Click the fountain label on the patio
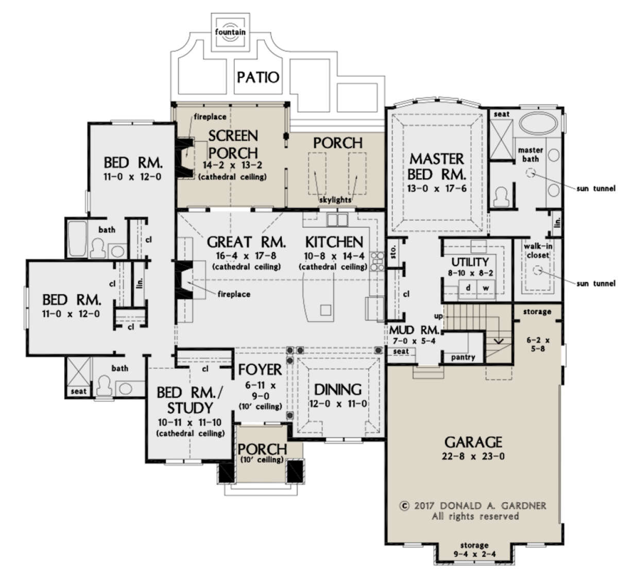[x=230, y=32]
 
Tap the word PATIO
[x=258, y=77]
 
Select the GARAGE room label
[x=473, y=442]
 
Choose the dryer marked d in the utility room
[x=468, y=288]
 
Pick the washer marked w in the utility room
[x=486, y=288]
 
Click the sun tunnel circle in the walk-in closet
[x=537, y=270]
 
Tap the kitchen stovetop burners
[x=377, y=261]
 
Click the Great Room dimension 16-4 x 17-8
[x=246, y=256]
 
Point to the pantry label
[x=463, y=357]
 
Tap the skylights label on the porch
[x=335, y=200]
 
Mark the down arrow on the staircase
[x=499, y=341]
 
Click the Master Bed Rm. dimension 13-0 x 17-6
[x=437, y=189]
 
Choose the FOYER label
[x=260, y=370]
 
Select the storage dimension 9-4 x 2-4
[x=474, y=554]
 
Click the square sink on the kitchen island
[x=325, y=310]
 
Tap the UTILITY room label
[x=470, y=262]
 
